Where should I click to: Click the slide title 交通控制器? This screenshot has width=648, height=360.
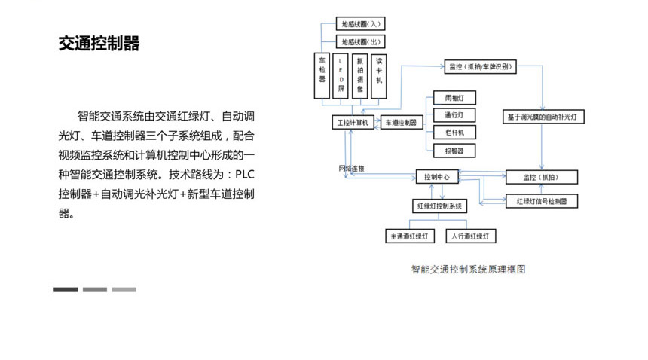tap(99, 44)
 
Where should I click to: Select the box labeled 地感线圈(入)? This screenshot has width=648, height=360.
tap(361, 24)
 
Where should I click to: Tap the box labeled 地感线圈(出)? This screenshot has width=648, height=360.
tap(361, 42)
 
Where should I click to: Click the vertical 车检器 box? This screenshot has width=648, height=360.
tap(322, 75)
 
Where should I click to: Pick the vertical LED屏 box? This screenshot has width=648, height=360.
tap(341, 75)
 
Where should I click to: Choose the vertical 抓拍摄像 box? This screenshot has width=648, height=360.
tap(360, 75)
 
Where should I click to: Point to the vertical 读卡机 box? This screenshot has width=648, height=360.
tap(379, 75)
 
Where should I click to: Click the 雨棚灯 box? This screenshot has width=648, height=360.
tap(454, 99)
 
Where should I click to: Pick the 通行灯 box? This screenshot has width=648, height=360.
tap(454, 115)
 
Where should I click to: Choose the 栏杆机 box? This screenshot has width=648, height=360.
tap(454, 133)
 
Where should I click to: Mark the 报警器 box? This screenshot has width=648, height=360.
tap(454, 150)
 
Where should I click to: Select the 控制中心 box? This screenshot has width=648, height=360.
tap(437, 177)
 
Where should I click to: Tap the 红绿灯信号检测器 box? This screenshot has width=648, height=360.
tap(542, 201)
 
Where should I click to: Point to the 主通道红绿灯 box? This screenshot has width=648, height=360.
tap(411, 236)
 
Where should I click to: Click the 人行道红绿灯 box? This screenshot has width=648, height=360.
tap(472, 236)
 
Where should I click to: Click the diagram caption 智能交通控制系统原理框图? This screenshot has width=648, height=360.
tap(467, 268)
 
